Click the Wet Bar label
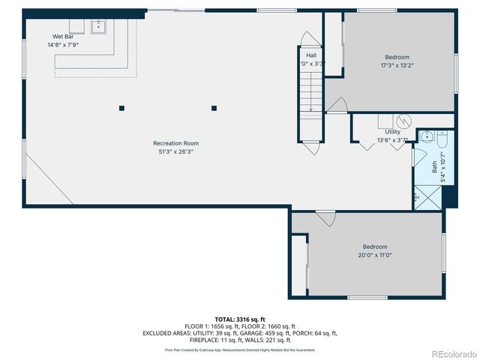click(x=63, y=37)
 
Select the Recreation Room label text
click(x=175, y=143)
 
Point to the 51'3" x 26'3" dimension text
click(x=175, y=152)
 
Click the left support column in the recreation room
click(x=121, y=108)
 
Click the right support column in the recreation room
click(x=214, y=108)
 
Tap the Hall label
click(x=311, y=55)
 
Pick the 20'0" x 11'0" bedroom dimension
click(x=375, y=256)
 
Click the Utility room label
click(x=392, y=132)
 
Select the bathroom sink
click(x=425, y=136)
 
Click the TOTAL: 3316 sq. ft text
click(x=240, y=319)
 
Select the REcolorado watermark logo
click(x=453, y=353)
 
